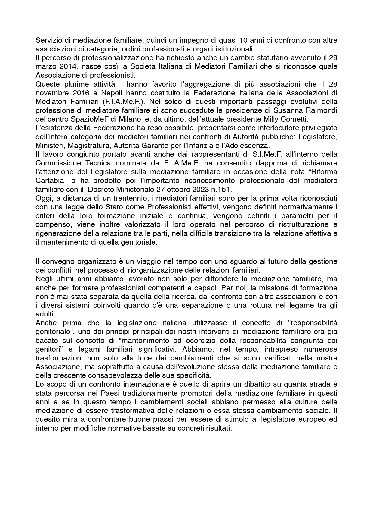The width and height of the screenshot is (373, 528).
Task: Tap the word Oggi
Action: (43, 198)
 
